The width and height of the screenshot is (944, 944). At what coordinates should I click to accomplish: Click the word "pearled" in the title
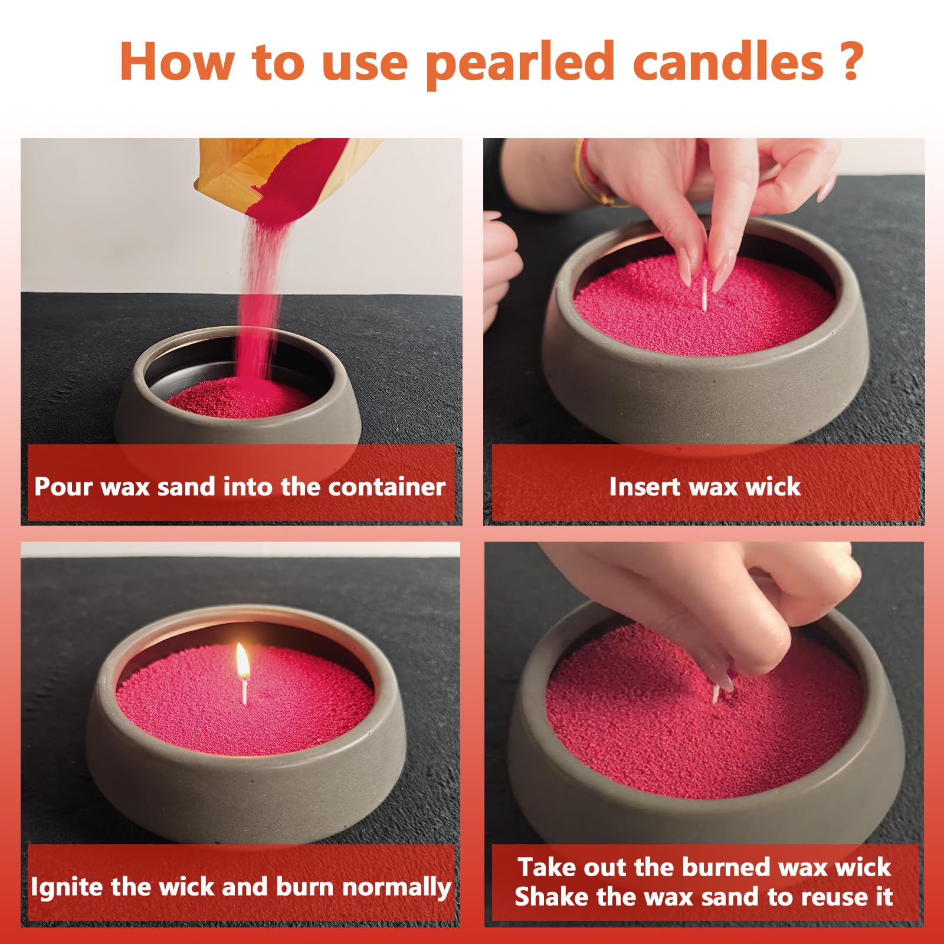pos(520,63)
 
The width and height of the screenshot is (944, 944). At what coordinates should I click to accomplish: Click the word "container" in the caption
pos(386,487)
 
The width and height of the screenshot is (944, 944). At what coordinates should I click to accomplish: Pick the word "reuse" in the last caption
pos(827,897)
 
